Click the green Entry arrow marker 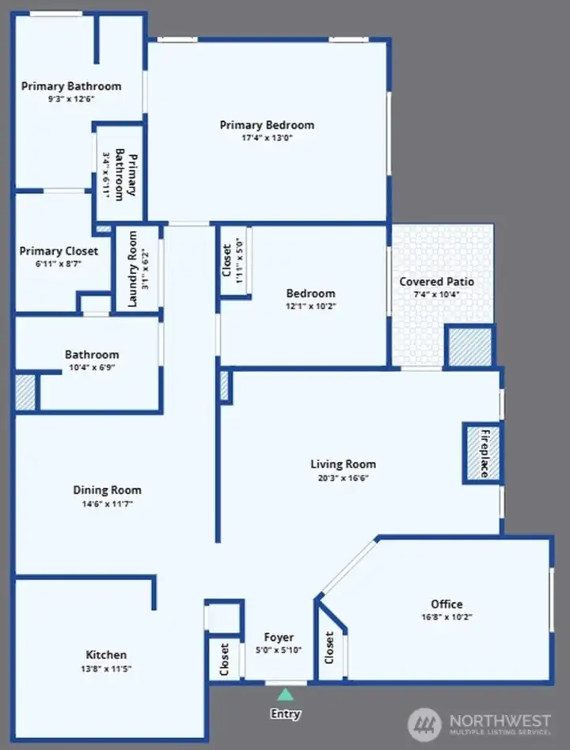click(x=285, y=695)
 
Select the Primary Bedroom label click(x=267, y=125)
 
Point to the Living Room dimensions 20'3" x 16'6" click(x=343, y=478)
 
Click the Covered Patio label click(x=436, y=282)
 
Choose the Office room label click(x=446, y=604)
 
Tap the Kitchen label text click(x=106, y=655)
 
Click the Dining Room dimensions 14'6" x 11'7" click(x=107, y=503)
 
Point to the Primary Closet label click(x=59, y=251)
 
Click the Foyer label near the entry click(x=279, y=637)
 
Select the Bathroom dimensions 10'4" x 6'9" click(x=92, y=367)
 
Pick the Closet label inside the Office click(x=329, y=648)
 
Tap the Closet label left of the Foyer click(x=224, y=659)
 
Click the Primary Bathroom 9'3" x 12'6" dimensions click(x=71, y=99)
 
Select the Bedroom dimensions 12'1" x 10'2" click(x=311, y=306)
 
